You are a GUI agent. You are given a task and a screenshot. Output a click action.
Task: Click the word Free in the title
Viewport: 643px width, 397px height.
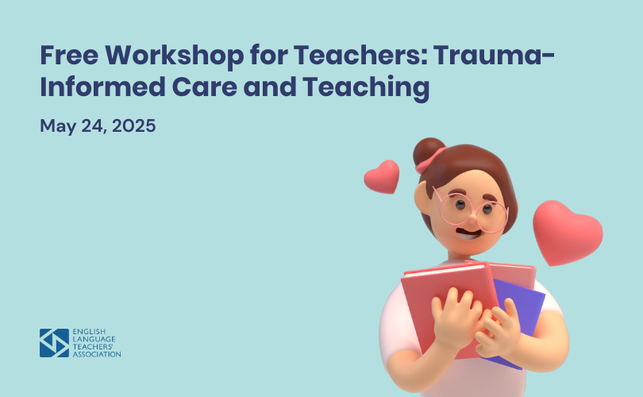(x=69, y=55)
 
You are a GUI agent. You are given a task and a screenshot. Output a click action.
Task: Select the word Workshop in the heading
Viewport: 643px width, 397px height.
(x=175, y=56)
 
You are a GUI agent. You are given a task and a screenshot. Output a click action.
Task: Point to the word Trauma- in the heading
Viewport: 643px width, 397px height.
(x=494, y=55)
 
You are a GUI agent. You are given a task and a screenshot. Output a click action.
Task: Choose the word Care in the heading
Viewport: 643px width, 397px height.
(x=204, y=87)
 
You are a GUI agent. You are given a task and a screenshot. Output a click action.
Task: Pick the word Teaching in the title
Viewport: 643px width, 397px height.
(x=366, y=88)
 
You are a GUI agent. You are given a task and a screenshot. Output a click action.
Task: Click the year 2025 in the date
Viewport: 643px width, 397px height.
(x=133, y=125)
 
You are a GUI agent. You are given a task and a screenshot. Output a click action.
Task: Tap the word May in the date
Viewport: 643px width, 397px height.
(x=58, y=126)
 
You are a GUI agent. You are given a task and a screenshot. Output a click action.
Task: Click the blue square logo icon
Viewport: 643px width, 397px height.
(x=54, y=343)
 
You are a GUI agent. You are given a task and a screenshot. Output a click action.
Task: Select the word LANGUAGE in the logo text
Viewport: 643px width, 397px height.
(x=94, y=339)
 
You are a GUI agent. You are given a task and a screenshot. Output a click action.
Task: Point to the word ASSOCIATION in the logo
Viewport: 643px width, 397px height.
(x=97, y=354)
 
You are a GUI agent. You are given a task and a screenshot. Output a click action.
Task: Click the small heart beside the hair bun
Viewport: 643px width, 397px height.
(x=382, y=177)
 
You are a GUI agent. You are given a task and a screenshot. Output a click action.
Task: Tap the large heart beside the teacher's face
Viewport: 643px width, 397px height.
(x=567, y=233)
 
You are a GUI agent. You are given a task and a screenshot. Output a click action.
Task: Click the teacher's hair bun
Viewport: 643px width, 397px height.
(x=428, y=152)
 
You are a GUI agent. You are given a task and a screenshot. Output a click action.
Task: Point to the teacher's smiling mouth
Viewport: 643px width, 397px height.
(x=468, y=234)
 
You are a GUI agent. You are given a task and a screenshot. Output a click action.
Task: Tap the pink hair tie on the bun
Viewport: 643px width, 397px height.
(x=430, y=161)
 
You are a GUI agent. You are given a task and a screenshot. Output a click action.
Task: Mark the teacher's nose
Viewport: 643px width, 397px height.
(x=472, y=217)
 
